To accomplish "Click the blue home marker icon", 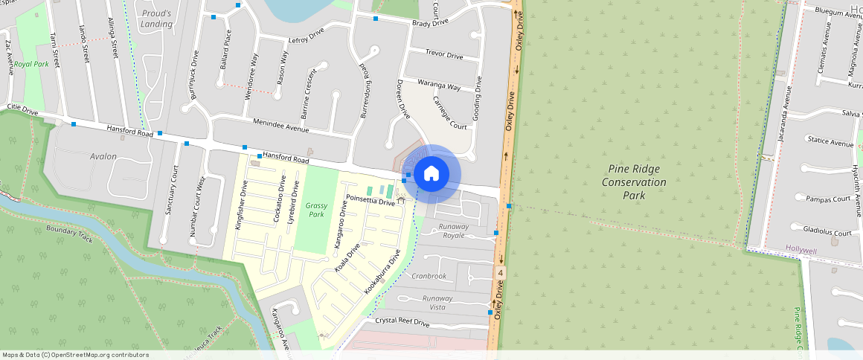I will click(x=431, y=174).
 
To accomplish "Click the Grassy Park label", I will click(x=317, y=209).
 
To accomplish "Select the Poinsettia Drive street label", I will click(x=370, y=202).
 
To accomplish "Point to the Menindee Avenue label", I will click(x=281, y=128).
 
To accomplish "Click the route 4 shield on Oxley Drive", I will click(x=501, y=274).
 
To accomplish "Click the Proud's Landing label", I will click(x=156, y=19).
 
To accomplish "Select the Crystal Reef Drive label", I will click(x=402, y=322).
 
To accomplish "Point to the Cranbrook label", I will click(x=428, y=276).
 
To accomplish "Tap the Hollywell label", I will click(x=801, y=251).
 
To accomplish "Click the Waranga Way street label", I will click(x=439, y=85).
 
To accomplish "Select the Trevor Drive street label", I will click(x=444, y=55).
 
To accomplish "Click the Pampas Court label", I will click(x=828, y=199).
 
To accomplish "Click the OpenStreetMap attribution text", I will click(x=76, y=355).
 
